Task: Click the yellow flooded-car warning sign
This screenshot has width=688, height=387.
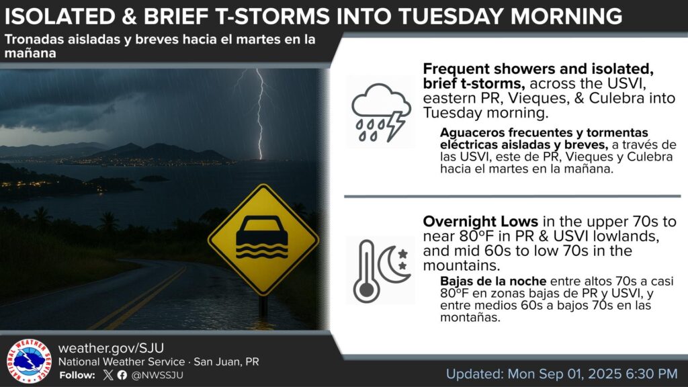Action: tap(263, 239)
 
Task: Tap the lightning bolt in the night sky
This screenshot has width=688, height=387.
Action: tap(259, 114)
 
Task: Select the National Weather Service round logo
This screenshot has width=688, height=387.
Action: tap(29, 361)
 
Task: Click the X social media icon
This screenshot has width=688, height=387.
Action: tap(108, 375)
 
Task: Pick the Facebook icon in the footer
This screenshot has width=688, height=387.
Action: tap(122, 375)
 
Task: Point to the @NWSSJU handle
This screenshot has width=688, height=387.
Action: tap(157, 375)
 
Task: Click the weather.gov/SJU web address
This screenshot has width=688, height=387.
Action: tap(111, 348)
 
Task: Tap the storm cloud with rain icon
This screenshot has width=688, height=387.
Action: tap(381, 112)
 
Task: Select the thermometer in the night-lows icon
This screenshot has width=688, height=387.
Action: tap(366, 271)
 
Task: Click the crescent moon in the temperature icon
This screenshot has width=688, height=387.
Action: tap(392, 265)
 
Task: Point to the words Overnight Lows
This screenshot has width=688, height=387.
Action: tap(480, 221)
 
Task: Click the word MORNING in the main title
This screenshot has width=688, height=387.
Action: tap(566, 16)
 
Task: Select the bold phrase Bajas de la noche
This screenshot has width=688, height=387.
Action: tap(493, 281)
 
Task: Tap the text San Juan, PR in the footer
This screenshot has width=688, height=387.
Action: tap(226, 362)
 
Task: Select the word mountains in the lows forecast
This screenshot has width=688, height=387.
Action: tap(461, 265)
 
